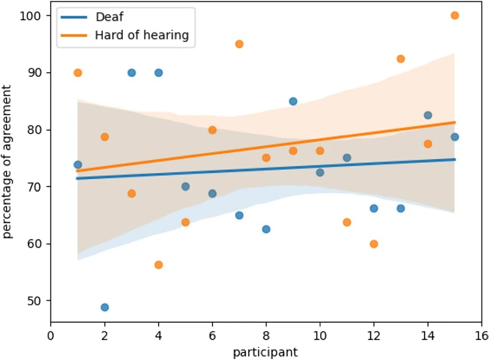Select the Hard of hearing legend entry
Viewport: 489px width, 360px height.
point(141,35)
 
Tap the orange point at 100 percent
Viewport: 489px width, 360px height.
point(455,16)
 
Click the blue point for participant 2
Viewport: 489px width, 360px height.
point(104,307)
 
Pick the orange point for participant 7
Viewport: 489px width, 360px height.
point(239,44)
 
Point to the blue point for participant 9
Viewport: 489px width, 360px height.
point(293,101)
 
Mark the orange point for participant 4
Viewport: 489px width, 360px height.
point(158,265)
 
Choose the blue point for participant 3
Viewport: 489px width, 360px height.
point(132,73)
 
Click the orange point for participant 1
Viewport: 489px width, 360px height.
point(78,73)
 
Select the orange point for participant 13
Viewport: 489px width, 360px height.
point(401,58)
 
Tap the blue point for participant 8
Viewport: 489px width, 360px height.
point(266,229)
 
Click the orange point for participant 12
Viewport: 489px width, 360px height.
point(374,244)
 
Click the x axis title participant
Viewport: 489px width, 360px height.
point(266,351)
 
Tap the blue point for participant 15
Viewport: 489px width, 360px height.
point(455,137)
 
